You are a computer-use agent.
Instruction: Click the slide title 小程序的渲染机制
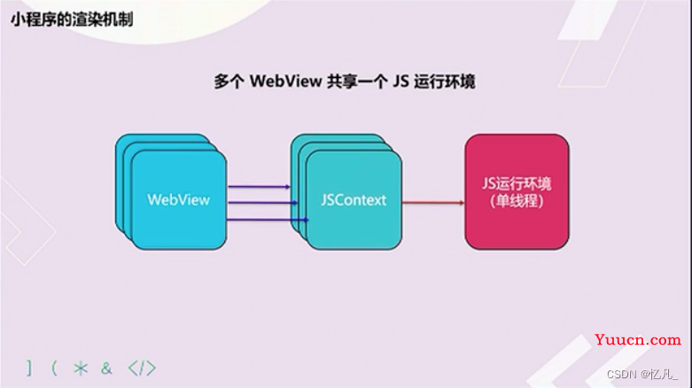[72, 19]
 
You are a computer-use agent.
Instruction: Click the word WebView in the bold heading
[286, 81]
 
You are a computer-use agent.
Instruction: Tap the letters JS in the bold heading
[400, 81]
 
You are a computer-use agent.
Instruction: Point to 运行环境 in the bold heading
[445, 81]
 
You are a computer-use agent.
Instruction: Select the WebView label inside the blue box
[179, 200]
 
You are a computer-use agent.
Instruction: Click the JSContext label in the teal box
[354, 200]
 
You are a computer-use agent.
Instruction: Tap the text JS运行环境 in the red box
[517, 183]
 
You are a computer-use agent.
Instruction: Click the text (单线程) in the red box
[517, 201]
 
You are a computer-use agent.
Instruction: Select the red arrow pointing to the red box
[433, 203]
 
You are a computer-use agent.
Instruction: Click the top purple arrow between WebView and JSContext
[259, 187]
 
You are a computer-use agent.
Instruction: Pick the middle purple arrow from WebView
[262, 203]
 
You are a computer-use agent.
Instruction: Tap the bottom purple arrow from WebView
[268, 220]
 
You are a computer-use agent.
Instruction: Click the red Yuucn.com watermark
[638, 339]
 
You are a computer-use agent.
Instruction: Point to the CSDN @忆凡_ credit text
[642, 375]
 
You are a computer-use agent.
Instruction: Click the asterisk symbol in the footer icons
[81, 369]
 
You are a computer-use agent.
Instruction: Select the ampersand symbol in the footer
[106, 369]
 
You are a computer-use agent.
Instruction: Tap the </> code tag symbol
[142, 369]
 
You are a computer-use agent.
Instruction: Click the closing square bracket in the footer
[29, 369]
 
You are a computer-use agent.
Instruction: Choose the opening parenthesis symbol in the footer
[54, 369]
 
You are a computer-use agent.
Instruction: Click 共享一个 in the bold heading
[357, 81]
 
